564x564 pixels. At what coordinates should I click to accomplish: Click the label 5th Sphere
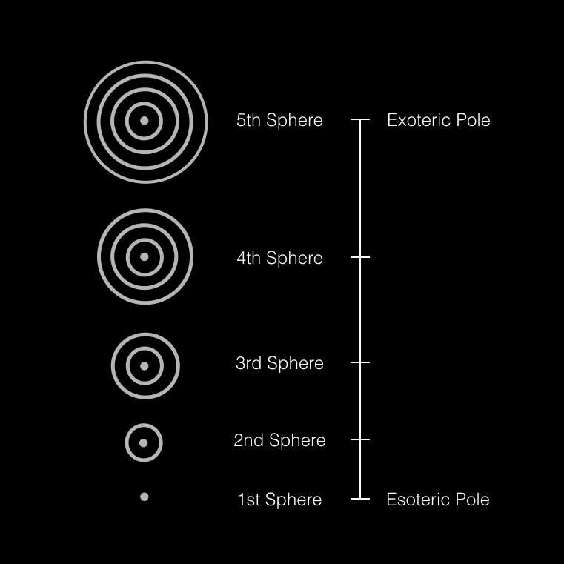pos(279,120)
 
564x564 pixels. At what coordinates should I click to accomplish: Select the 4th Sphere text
pos(279,258)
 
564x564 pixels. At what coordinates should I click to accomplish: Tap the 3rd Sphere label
pos(279,363)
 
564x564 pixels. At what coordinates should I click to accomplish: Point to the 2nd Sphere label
pos(279,440)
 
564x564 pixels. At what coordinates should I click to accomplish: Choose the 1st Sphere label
pos(279,500)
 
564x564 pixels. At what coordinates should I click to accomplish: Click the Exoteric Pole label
pos(439,120)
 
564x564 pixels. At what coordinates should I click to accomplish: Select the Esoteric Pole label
pos(438,500)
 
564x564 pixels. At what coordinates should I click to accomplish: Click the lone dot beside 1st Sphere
pos(145,497)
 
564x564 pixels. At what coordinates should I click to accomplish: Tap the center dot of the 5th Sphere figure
pos(145,120)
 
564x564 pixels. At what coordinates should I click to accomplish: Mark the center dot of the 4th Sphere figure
pos(145,256)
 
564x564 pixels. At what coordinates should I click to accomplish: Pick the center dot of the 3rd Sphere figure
pos(145,365)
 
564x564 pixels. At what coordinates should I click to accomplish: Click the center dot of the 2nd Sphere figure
pos(144,443)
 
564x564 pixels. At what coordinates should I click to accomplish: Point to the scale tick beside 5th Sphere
pos(360,119)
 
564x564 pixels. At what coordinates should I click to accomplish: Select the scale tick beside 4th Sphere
pos(360,257)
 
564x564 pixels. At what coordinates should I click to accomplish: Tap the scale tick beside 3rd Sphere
pos(360,362)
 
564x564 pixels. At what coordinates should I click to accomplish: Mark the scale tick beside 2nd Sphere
pos(360,439)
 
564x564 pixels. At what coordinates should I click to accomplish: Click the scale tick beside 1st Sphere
pos(360,499)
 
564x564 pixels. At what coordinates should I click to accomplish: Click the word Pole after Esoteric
pos(473,500)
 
